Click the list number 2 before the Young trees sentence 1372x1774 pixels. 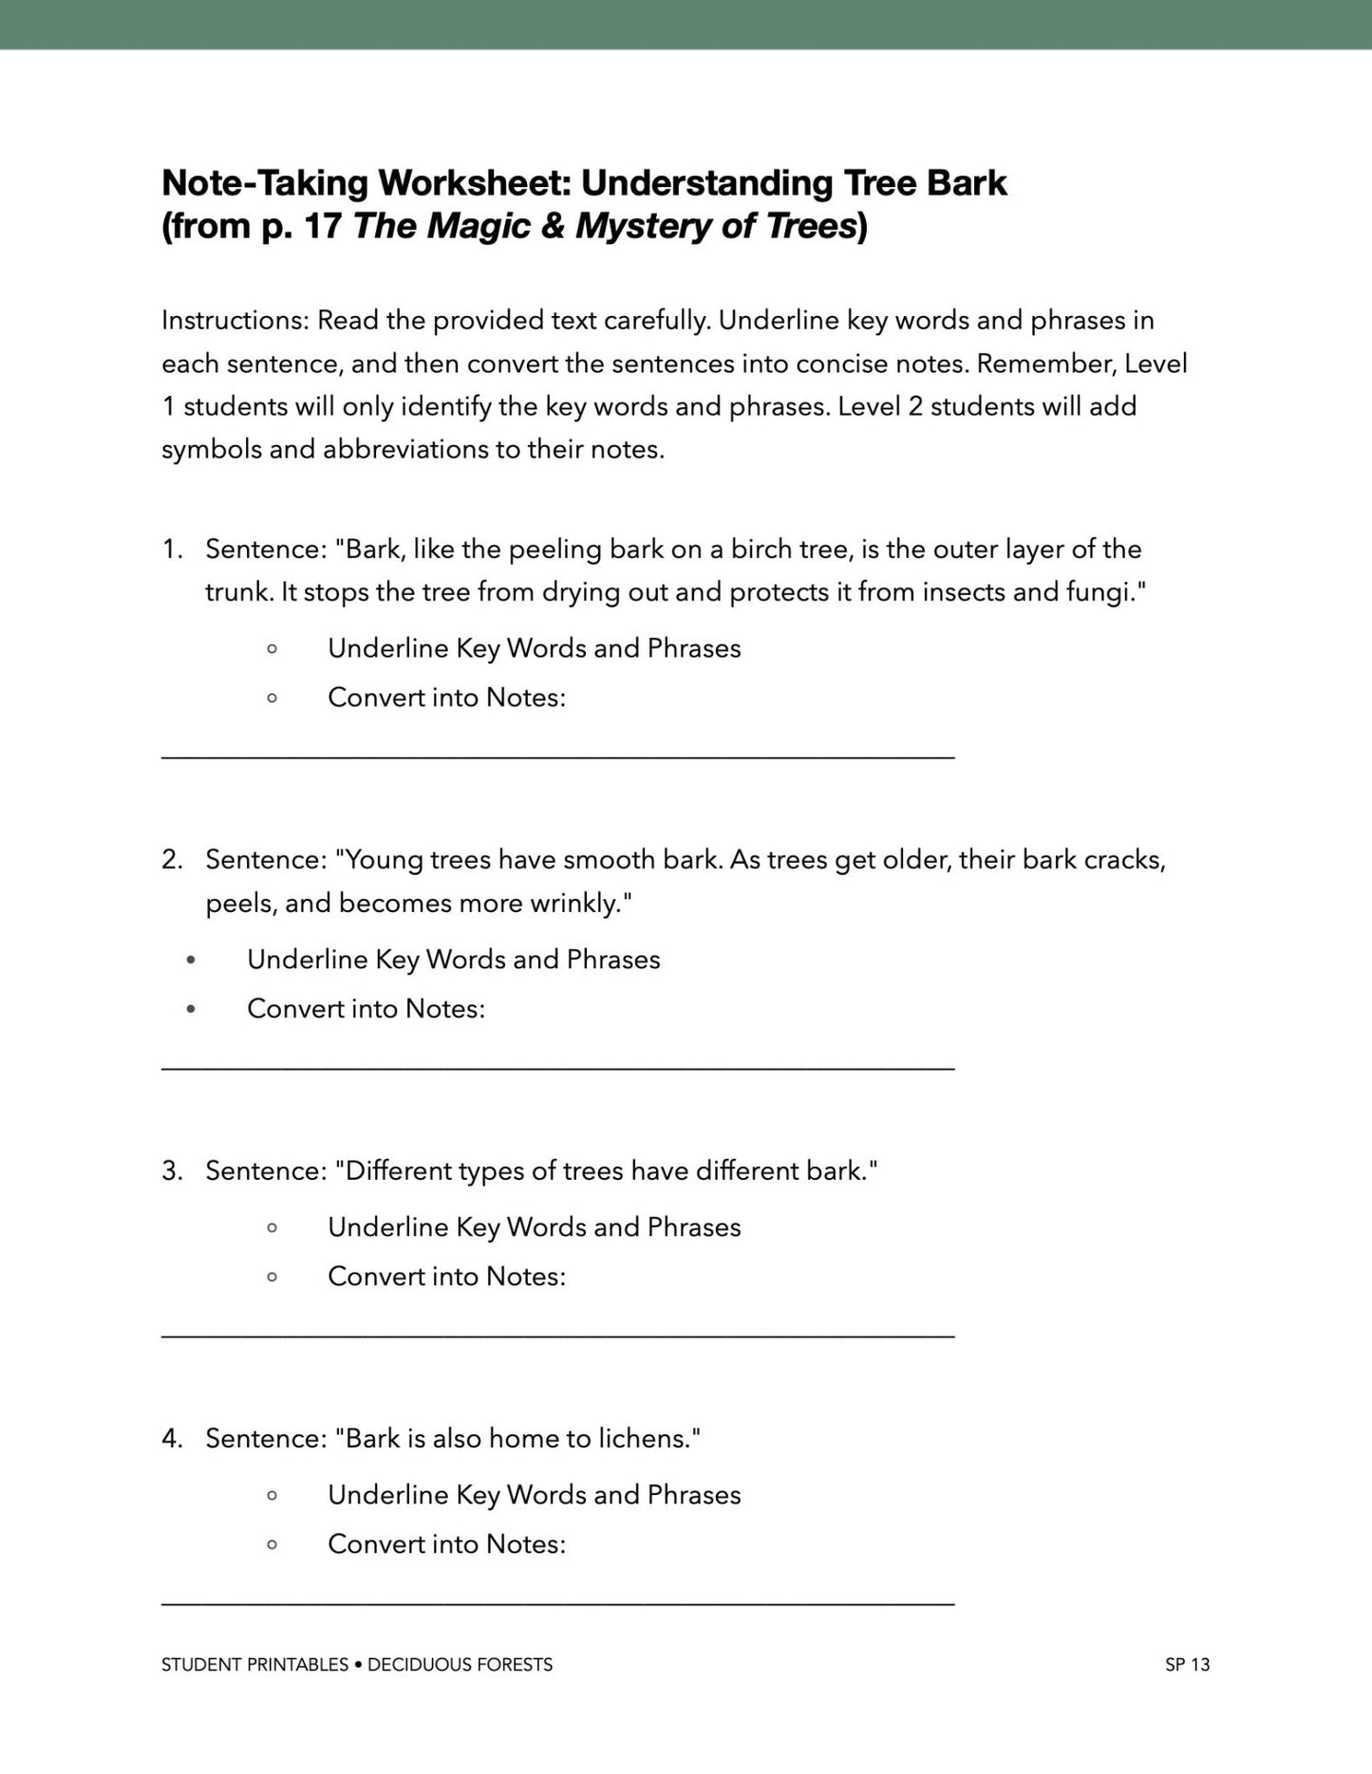click(171, 860)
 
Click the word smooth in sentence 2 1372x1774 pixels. click(609, 860)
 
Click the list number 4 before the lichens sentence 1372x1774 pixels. click(171, 1439)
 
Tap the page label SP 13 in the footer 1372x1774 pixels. click(1187, 1665)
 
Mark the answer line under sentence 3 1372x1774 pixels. click(557, 1336)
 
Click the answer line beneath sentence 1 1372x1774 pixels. click(557, 757)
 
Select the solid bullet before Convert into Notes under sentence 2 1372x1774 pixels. click(191, 1009)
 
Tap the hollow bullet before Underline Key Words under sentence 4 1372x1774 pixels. click(273, 1496)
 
